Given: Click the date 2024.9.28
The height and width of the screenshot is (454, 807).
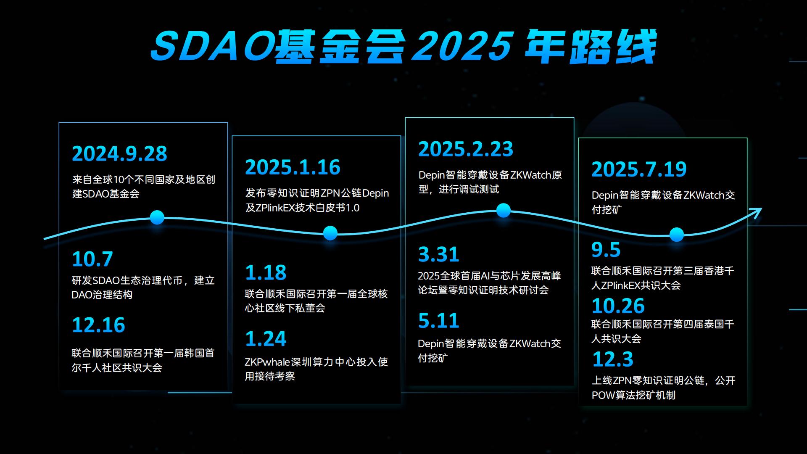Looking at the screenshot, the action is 119,154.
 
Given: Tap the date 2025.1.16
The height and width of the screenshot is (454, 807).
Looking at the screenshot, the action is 293,167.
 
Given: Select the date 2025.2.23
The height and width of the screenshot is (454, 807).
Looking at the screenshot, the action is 466,149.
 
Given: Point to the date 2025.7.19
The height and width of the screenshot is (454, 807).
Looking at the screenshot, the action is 639,169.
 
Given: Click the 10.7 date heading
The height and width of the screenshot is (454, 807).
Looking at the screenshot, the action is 92,259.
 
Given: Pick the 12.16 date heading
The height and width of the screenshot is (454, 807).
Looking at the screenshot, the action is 98,325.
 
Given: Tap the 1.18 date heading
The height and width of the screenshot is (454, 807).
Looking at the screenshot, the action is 266,273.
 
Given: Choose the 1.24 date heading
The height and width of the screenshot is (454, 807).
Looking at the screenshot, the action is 266,339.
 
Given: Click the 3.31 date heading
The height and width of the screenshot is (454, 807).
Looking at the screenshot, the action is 438,254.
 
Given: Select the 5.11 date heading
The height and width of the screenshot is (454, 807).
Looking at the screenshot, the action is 438,321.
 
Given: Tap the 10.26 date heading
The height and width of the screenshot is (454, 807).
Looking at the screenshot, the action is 618,306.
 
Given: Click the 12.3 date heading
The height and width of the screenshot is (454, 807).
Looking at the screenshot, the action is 612,359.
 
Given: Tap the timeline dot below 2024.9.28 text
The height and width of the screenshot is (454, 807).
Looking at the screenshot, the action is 157,217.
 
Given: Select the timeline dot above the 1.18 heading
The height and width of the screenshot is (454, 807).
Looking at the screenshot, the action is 330,233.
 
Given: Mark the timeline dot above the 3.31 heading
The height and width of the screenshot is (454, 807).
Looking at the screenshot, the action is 504,210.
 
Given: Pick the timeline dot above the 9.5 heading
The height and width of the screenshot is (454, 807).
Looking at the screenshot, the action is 677,235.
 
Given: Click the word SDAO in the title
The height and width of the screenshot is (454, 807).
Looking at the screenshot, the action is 212,46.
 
